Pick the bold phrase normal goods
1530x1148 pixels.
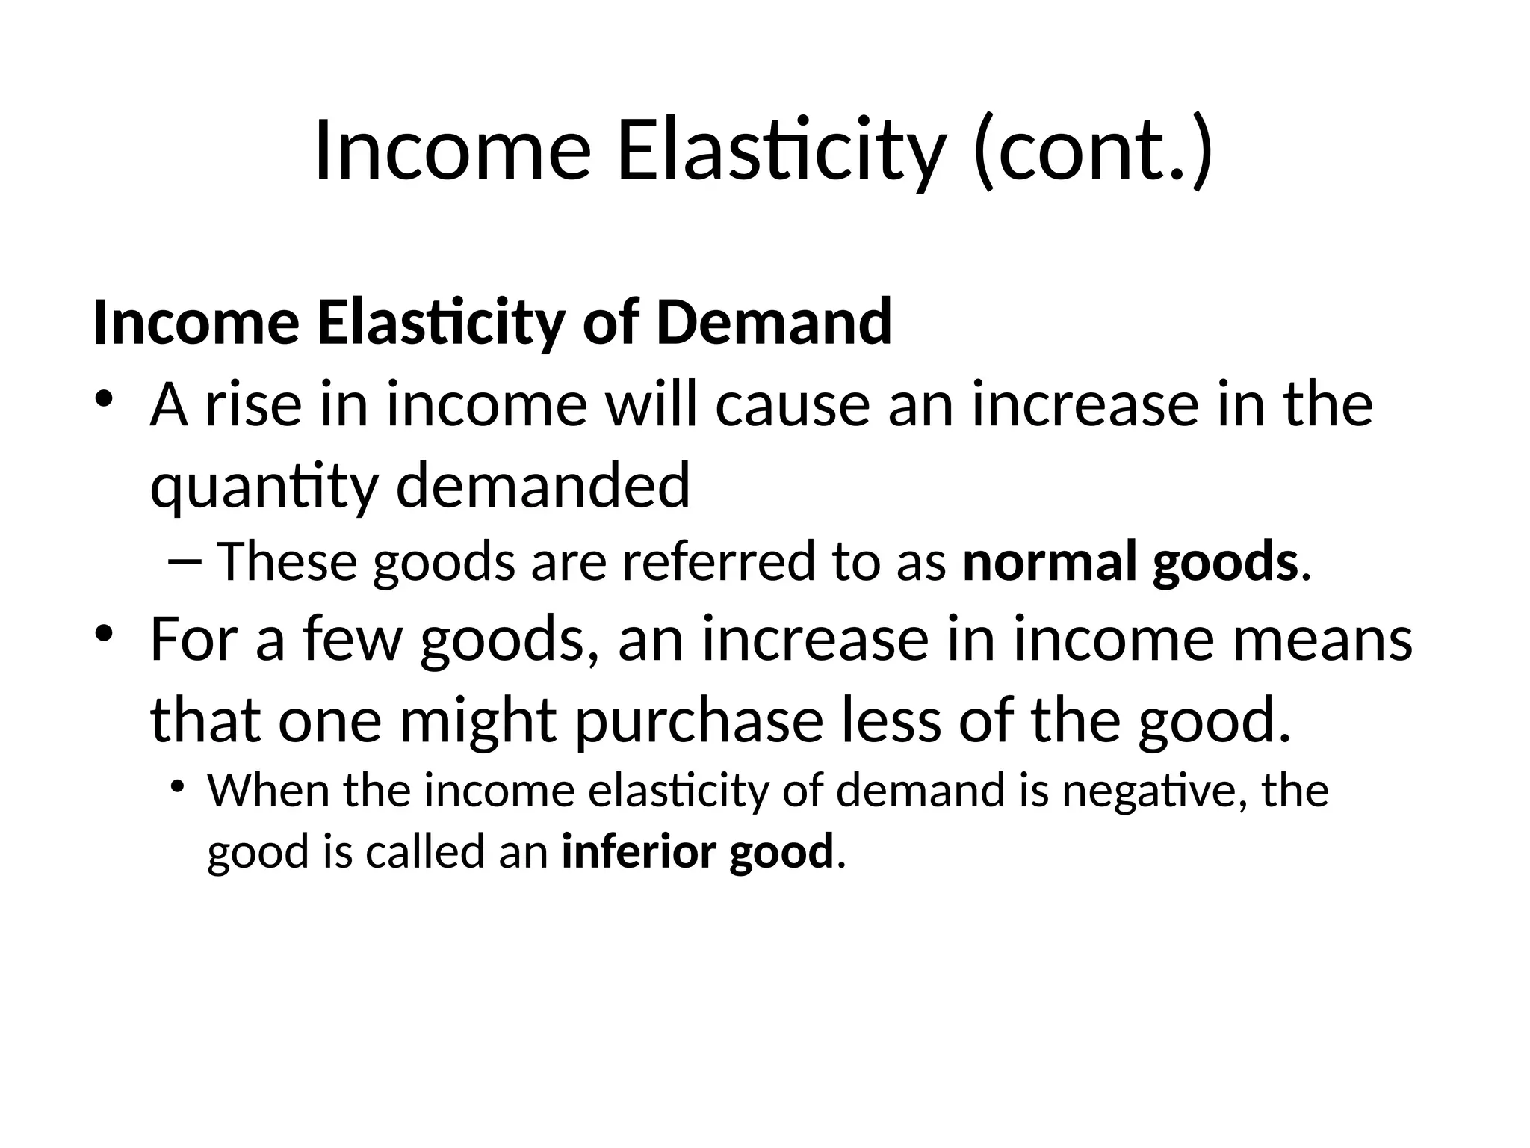pos(1130,563)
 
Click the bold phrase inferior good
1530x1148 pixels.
pos(696,852)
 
